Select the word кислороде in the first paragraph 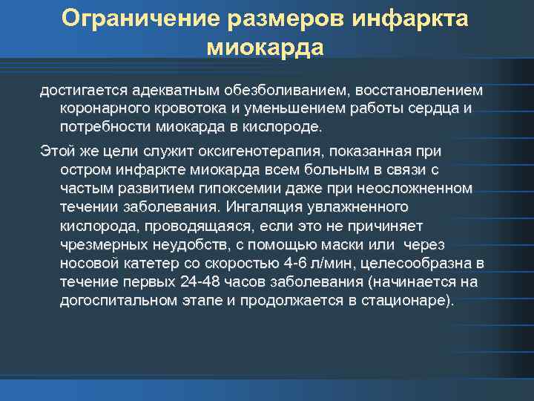282,127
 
